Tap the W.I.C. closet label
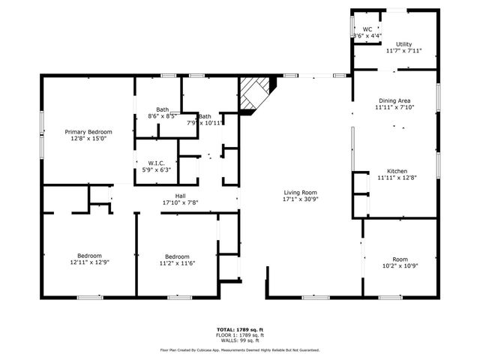[x=157, y=163]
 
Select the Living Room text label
[x=300, y=193]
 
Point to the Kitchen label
[x=397, y=170]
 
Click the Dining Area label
[x=395, y=100]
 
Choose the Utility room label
[x=404, y=44]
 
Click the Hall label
[x=180, y=196]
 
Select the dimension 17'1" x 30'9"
[x=300, y=199]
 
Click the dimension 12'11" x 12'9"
[x=89, y=262]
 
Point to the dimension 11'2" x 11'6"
[x=177, y=262]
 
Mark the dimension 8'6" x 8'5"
[x=161, y=115]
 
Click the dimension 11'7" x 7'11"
[x=404, y=51]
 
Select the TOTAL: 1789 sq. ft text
[x=240, y=330]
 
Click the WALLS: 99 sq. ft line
[x=240, y=340]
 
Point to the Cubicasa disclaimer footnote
[x=240, y=349]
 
